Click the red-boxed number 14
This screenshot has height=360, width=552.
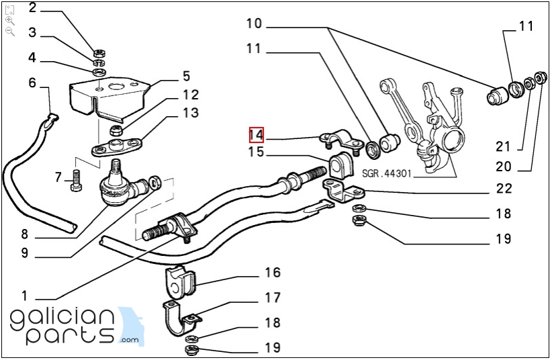256,134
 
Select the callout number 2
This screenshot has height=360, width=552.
33,9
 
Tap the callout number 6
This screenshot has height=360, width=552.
32,83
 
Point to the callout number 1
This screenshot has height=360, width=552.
25,296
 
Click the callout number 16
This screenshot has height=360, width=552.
272,272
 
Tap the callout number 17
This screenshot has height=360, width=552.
272,297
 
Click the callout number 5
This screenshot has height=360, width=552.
187,76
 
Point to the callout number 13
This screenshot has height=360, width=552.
191,112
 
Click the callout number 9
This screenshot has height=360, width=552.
25,253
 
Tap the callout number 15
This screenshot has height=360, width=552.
256,152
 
